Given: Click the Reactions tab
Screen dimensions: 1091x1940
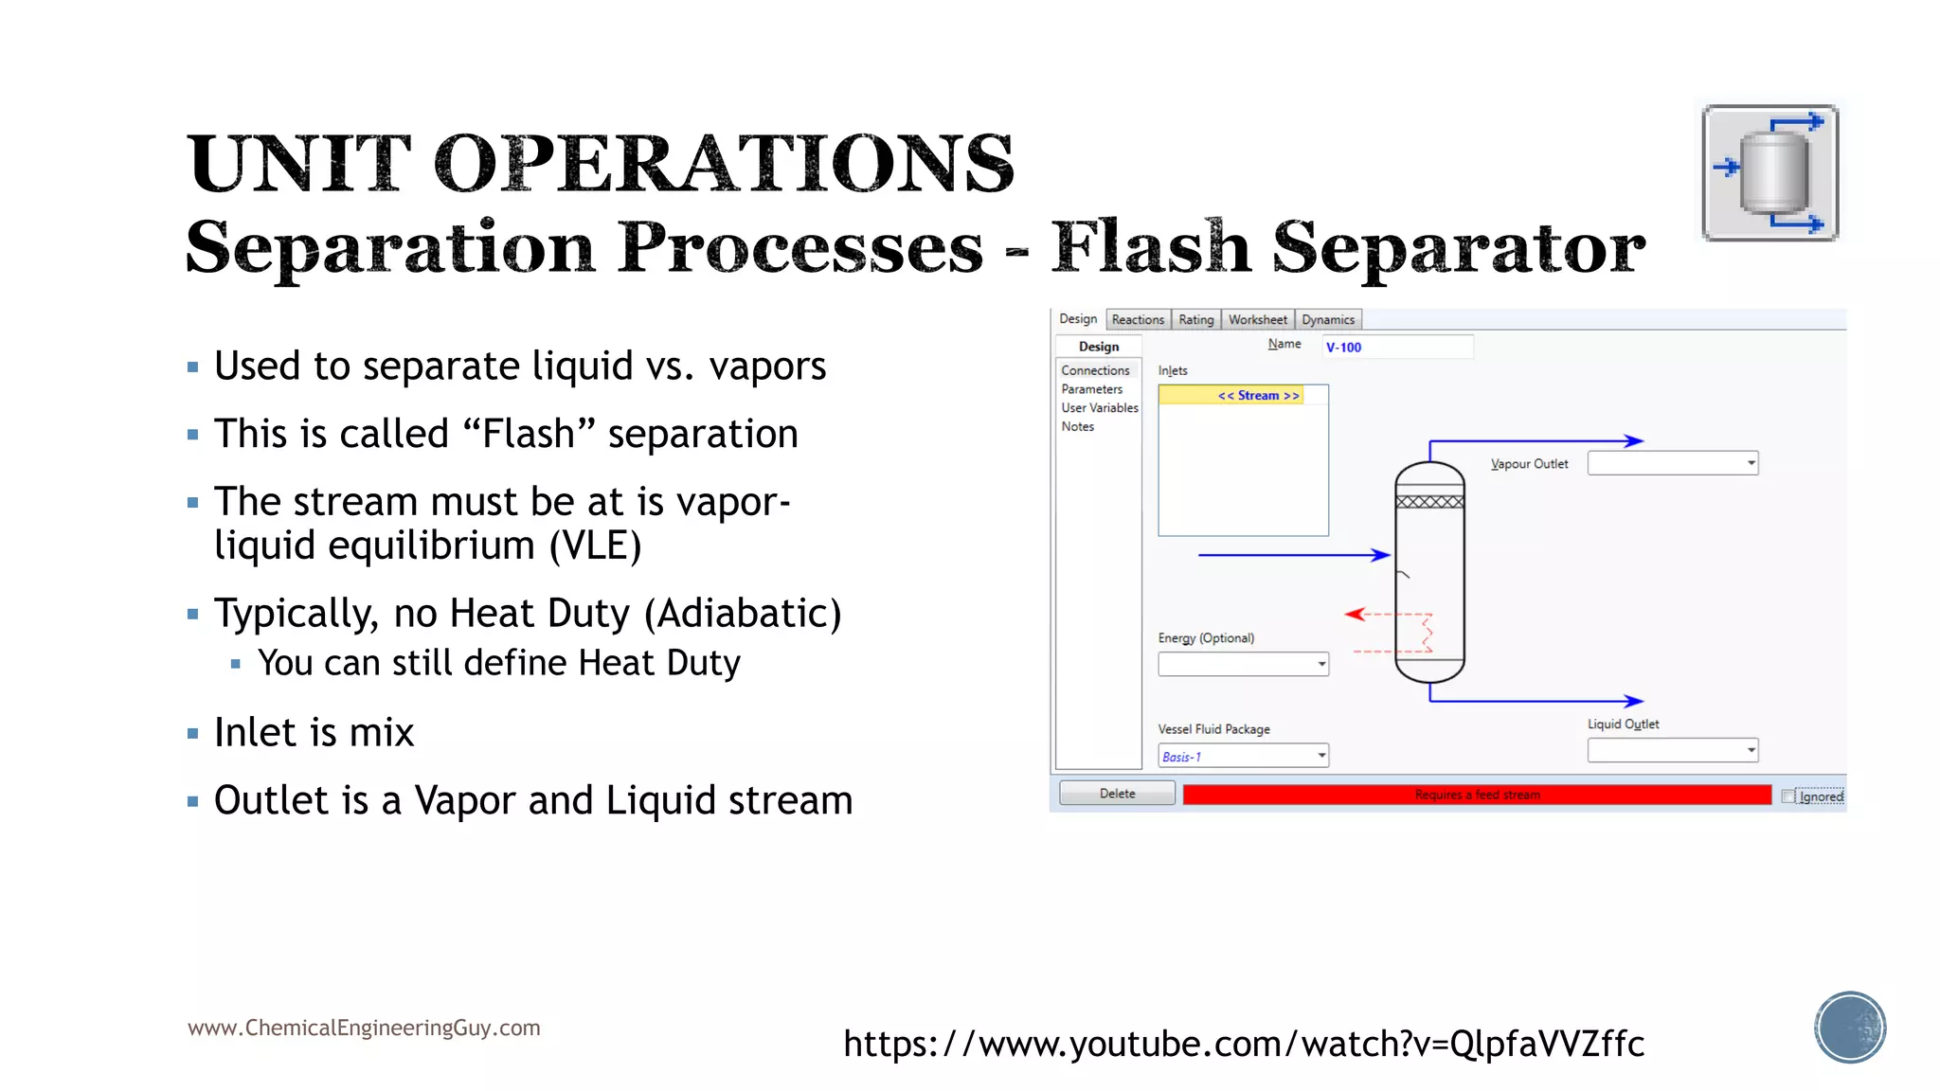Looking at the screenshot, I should pyautogui.click(x=1137, y=320).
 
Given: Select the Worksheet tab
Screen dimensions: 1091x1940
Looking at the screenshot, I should pyautogui.click(x=1257, y=320).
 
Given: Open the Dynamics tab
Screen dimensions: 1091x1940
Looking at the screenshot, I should pyautogui.click(x=1327, y=320).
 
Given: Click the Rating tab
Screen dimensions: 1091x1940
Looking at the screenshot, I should pyautogui.click(x=1195, y=320).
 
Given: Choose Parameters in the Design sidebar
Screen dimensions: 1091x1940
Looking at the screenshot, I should pyautogui.click(x=1091, y=389).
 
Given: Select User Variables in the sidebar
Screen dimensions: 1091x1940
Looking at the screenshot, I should pyautogui.click(x=1099, y=408).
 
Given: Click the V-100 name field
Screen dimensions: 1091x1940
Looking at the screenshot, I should pyautogui.click(x=1396, y=348).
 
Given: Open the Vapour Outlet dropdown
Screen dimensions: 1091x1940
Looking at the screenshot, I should pyautogui.click(x=1672, y=463).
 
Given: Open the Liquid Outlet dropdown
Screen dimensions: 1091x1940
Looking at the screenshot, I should pyautogui.click(x=1672, y=751).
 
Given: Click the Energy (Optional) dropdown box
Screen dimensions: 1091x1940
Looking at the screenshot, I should pyautogui.click(x=1242, y=664).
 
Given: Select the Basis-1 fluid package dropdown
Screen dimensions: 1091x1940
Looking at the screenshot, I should pyautogui.click(x=1242, y=756).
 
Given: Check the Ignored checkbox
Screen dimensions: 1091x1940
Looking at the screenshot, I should pyautogui.click(x=1787, y=796).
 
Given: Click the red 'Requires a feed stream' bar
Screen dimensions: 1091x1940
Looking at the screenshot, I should pyautogui.click(x=1476, y=795).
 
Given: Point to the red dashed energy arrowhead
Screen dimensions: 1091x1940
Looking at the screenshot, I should pyautogui.click(x=1355, y=615).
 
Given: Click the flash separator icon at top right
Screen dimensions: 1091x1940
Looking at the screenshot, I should pyautogui.click(x=1769, y=172).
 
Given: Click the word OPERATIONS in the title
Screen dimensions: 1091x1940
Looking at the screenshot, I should pyautogui.click(x=724, y=164).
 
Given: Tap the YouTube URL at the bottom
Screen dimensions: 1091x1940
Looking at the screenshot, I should pyautogui.click(x=1243, y=1044).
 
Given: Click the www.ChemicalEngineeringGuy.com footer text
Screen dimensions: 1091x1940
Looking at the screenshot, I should pyautogui.click(x=364, y=1028).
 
